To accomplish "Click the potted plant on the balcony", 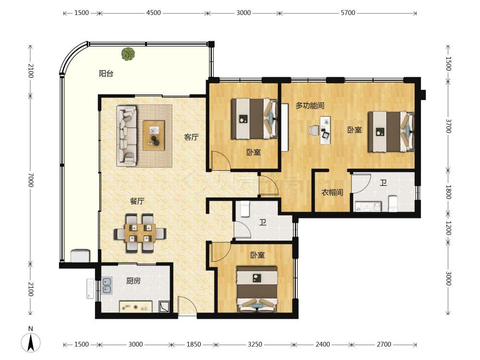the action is coord(128,54).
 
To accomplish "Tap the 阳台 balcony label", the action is coord(106,73).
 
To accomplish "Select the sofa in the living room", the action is coord(127,136).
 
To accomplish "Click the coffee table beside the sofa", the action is coord(154,135).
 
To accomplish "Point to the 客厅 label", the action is coord(192,137).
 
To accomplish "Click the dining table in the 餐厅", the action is coord(140,233).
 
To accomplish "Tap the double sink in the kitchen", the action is coord(107,285).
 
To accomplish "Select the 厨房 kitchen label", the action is coord(133,281).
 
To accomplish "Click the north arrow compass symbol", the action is coord(31,342).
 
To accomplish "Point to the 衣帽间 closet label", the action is coord(332,192).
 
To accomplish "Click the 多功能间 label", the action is coord(310,106).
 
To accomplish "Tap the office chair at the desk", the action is coord(314,131).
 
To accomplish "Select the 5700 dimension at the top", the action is coord(348,12).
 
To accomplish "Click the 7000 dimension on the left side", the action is coord(31,180).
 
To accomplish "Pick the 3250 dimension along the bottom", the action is coord(255,344).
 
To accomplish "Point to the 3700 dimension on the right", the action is coord(448,126).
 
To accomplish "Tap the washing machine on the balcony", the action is coord(81,256).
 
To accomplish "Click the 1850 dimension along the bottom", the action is coord(194,344).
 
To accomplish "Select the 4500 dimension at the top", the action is coord(154,12).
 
